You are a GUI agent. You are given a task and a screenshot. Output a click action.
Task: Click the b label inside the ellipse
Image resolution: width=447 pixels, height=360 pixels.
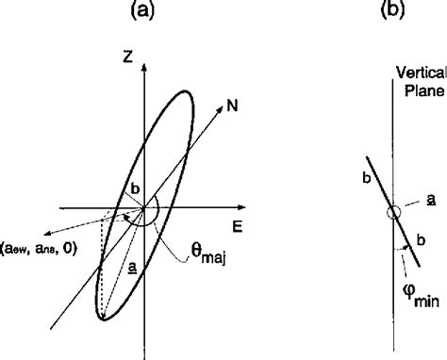(135, 188)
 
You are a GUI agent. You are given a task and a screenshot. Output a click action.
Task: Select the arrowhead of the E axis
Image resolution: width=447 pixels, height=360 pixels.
(248, 205)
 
